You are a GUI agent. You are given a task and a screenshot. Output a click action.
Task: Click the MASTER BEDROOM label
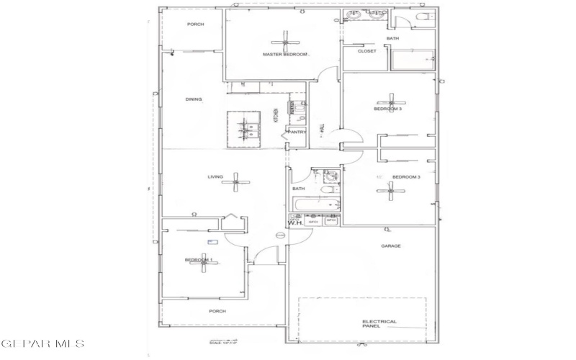(285, 55)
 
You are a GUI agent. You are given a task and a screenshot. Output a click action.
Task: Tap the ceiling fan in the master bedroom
(286, 38)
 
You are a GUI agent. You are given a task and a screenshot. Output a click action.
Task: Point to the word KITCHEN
(276, 115)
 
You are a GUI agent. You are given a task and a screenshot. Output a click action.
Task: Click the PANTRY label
(297, 132)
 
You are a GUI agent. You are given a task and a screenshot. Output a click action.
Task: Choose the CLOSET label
(366, 51)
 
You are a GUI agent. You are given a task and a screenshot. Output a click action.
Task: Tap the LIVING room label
(215, 176)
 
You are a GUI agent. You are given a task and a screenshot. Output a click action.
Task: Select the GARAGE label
(391, 246)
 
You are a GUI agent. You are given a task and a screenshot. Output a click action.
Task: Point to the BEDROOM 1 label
(198, 259)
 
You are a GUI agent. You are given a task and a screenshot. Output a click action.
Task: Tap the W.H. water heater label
(296, 223)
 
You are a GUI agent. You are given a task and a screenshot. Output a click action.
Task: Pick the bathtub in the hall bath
(317, 207)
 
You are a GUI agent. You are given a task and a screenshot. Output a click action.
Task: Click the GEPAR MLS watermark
(42, 344)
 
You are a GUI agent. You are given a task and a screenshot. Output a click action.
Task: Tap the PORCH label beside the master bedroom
(195, 24)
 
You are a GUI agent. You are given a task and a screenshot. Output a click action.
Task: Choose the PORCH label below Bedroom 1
(217, 311)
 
